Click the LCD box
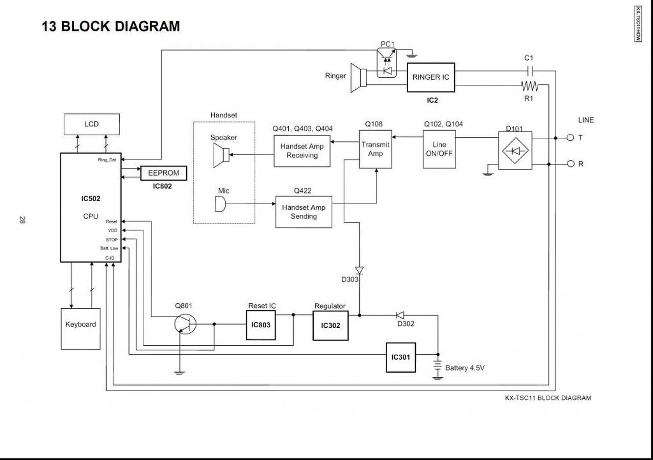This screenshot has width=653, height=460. click(91, 124)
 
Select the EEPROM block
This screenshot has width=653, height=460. click(164, 173)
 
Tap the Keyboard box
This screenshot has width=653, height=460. click(81, 329)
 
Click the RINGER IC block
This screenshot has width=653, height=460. click(431, 78)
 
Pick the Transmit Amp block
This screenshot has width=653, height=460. click(375, 150)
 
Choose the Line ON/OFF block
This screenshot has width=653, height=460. click(439, 150)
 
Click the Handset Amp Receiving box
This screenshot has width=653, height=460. click(302, 151)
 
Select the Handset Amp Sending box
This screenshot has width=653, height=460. click(304, 212)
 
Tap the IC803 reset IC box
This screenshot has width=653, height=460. click(261, 325)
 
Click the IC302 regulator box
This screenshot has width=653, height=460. click(331, 326)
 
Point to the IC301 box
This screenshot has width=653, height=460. click(401, 357)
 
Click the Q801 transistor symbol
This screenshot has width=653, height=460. click(185, 324)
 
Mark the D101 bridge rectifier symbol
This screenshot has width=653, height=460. click(515, 151)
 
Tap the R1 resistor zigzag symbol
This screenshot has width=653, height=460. click(530, 86)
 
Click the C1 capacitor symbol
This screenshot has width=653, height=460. click(531, 71)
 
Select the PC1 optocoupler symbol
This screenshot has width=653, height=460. click(387, 63)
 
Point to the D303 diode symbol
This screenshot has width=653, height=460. click(360, 271)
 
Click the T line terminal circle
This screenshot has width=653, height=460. click(570, 138)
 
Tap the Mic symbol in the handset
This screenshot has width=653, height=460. click(220, 204)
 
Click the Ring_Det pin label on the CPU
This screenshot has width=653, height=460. click(107, 160)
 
